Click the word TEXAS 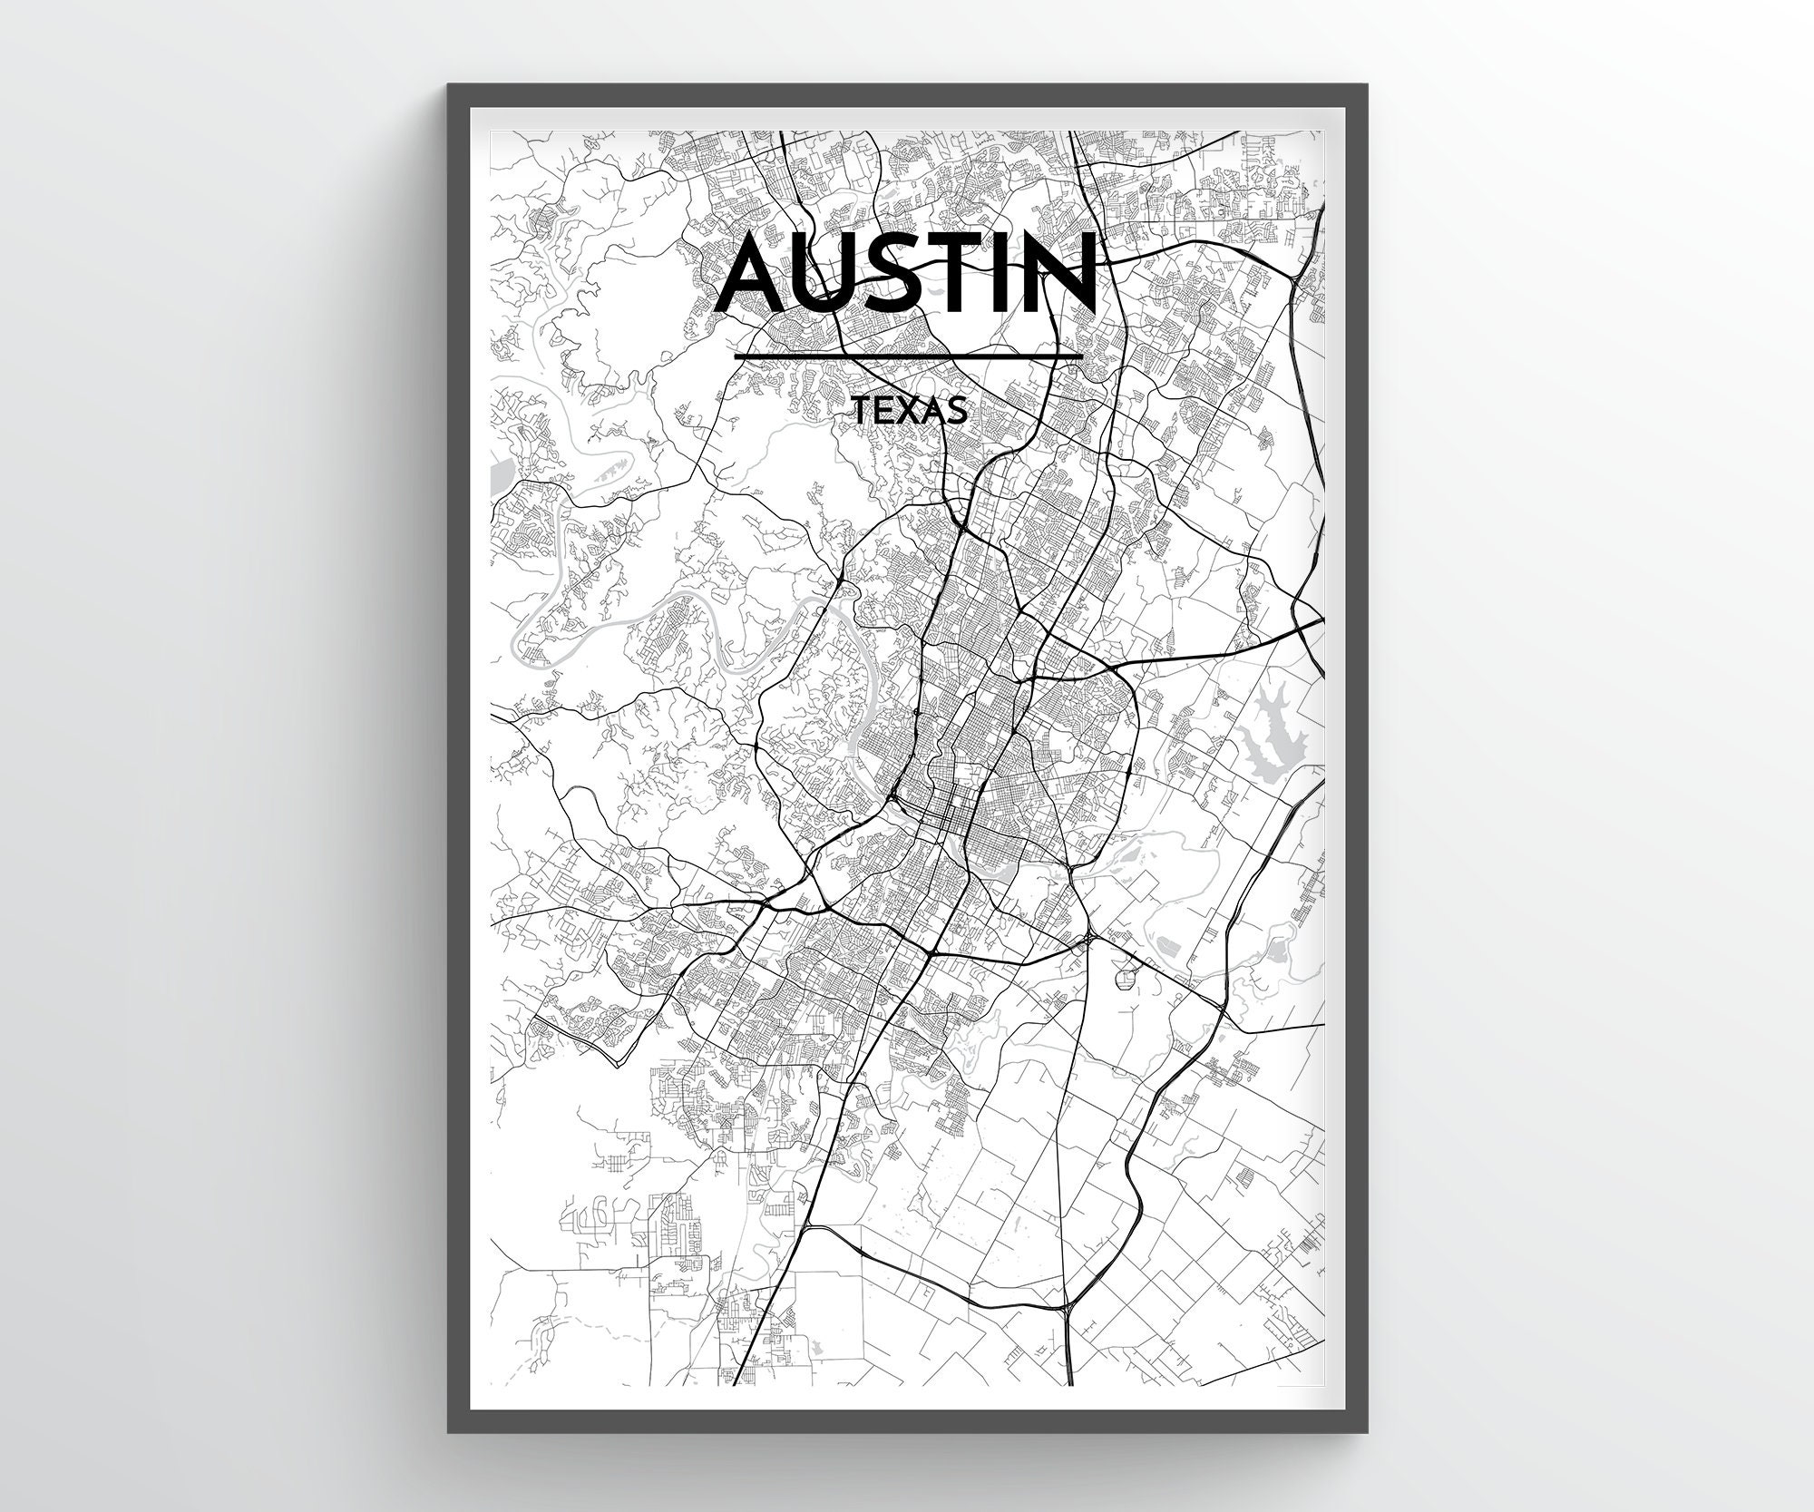909,412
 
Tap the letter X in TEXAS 909,412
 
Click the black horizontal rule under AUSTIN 909,356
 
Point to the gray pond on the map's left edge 497,477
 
